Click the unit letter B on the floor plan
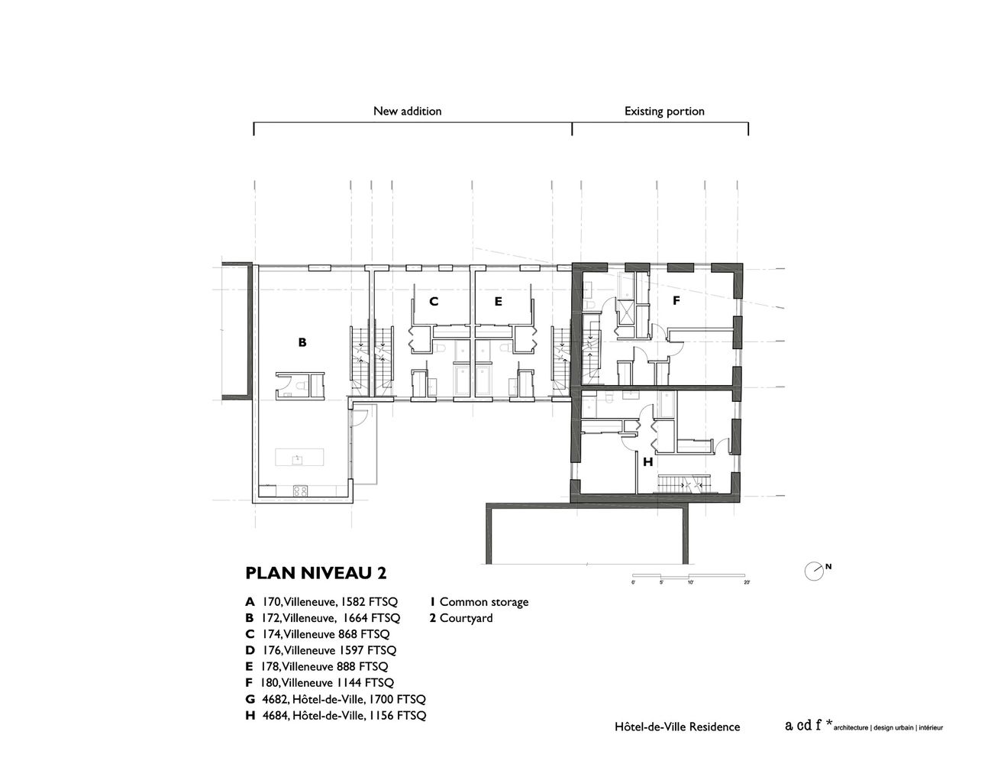point(302,342)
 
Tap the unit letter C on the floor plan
point(434,302)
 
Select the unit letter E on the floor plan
point(499,302)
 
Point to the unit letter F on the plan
point(676,300)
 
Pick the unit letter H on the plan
point(648,462)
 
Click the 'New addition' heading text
point(408,112)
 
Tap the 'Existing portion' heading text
point(664,112)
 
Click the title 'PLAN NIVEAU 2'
point(316,573)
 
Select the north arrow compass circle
point(813,571)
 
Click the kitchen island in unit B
point(299,457)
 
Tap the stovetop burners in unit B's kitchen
point(299,490)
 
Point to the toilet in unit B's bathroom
point(299,387)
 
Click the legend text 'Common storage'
point(484,602)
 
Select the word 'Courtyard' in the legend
point(466,618)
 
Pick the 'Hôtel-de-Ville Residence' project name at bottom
point(677,727)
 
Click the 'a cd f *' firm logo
point(809,725)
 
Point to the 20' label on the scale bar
point(747,582)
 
